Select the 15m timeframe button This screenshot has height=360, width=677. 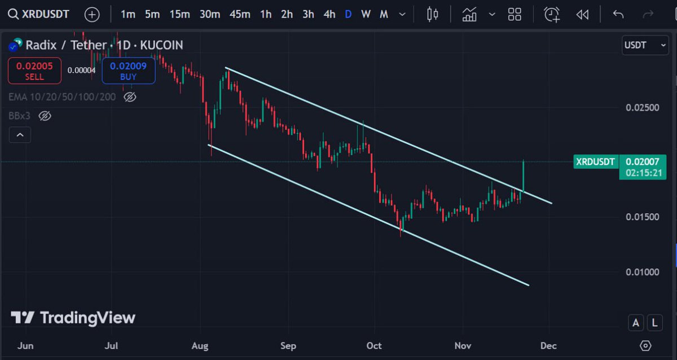click(x=179, y=14)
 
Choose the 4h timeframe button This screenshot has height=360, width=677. click(x=329, y=14)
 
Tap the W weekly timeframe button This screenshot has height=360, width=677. click(x=366, y=14)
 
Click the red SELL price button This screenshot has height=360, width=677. click(x=34, y=71)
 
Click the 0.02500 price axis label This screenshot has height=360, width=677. click(x=642, y=107)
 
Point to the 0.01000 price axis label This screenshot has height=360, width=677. click(x=642, y=272)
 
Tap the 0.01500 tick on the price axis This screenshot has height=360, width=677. click(x=642, y=217)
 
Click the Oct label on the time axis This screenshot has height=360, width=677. click(x=373, y=345)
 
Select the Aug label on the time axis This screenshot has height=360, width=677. click(x=200, y=345)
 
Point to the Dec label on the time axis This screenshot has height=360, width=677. click(x=548, y=345)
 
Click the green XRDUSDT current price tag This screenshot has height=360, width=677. click(x=595, y=162)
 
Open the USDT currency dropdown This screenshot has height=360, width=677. click(x=645, y=45)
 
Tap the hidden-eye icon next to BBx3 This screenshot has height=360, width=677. click(x=45, y=116)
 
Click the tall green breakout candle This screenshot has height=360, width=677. click(x=524, y=176)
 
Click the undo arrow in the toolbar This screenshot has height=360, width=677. click(x=618, y=14)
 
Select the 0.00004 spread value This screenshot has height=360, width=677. click(x=81, y=71)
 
